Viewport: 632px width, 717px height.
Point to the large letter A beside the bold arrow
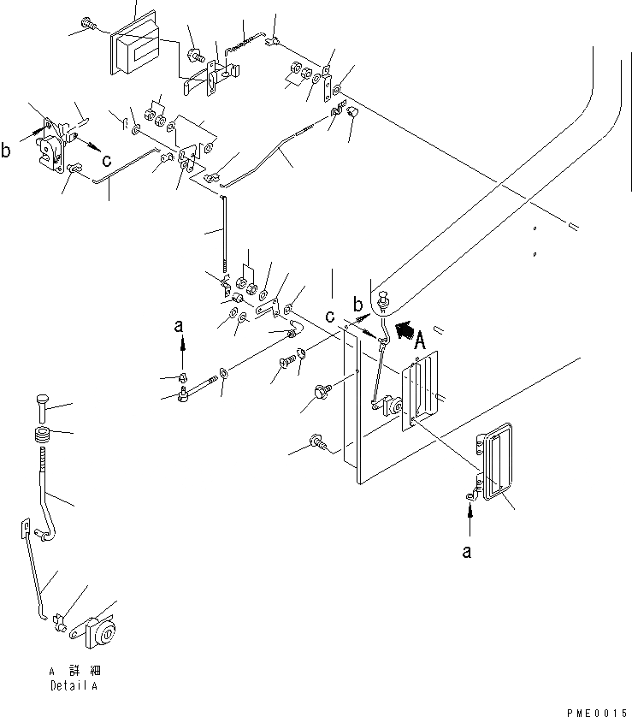click(x=420, y=344)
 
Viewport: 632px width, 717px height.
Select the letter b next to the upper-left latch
click(x=7, y=152)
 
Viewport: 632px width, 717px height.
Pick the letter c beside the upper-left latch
click(x=105, y=159)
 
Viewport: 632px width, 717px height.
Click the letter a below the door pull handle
click(x=467, y=553)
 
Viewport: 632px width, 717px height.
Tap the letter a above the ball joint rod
click(x=179, y=325)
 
